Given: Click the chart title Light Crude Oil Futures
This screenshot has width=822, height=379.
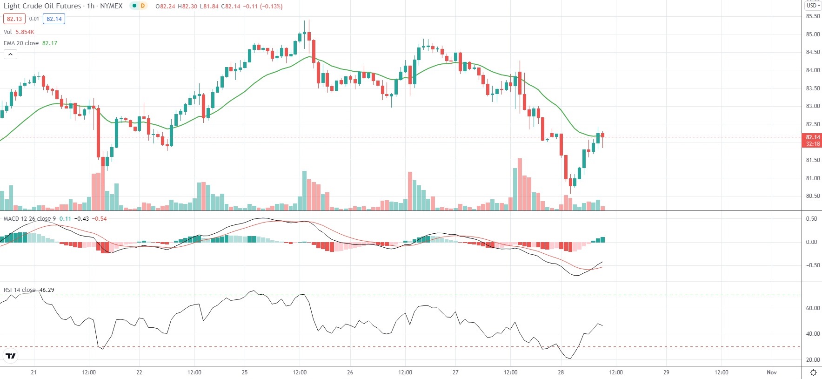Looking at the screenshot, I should pyautogui.click(x=42, y=6).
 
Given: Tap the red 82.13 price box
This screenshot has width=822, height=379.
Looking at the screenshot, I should pyautogui.click(x=14, y=19).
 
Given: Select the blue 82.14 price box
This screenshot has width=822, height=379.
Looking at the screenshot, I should pyautogui.click(x=54, y=19).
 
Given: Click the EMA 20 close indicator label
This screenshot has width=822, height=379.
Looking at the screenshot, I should pyautogui.click(x=21, y=43).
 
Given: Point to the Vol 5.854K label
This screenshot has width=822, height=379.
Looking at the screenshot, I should pyautogui.click(x=19, y=32).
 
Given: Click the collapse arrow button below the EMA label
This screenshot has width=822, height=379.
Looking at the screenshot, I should pyautogui.click(x=10, y=54).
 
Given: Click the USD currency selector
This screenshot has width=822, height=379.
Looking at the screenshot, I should pyautogui.click(x=813, y=6).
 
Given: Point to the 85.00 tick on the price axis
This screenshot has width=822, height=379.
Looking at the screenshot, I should pyautogui.click(x=813, y=34).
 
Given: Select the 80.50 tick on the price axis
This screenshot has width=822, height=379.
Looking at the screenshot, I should pyautogui.click(x=813, y=196).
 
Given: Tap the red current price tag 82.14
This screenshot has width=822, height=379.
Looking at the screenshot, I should pyautogui.click(x=813, y=137).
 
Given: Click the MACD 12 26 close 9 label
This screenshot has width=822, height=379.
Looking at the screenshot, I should pyautogui.click(x=30, y=219).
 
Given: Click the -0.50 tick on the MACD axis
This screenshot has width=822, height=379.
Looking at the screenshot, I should pyautogui.click(x=812, y=265).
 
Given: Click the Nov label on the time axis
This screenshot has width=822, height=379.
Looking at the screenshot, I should pyautogui.click(x=772, y=372).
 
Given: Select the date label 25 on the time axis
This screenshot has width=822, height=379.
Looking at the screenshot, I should pyautogui.click(x=245, y=372).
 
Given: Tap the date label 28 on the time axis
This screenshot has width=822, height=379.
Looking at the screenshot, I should pyautogui.click(x=561, y=372).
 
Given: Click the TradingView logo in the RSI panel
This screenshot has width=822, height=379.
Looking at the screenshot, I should pyautogui.click(x=10, y=356).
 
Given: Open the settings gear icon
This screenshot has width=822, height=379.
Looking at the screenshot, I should pyautogui.click(x=813, y=372).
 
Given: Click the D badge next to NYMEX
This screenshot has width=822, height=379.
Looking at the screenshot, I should pyautogui.click(x=143, y=6).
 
